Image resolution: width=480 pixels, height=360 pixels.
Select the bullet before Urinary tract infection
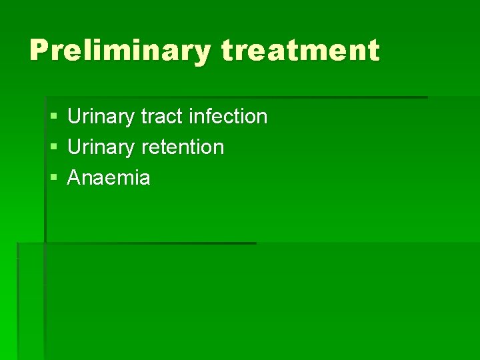53,117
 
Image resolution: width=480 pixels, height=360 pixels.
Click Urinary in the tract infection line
101,117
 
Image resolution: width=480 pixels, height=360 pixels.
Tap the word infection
228,117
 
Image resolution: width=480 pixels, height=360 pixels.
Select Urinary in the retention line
101,147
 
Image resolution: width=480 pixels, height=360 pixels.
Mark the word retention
183,147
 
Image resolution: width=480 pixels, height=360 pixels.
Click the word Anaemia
109,178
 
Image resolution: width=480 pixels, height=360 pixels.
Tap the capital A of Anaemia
75,178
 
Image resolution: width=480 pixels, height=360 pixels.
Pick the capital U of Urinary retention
75,147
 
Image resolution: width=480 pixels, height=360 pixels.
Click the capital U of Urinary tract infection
75,117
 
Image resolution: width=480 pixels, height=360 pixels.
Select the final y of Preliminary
201,53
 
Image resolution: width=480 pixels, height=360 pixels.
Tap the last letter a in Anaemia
144,179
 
